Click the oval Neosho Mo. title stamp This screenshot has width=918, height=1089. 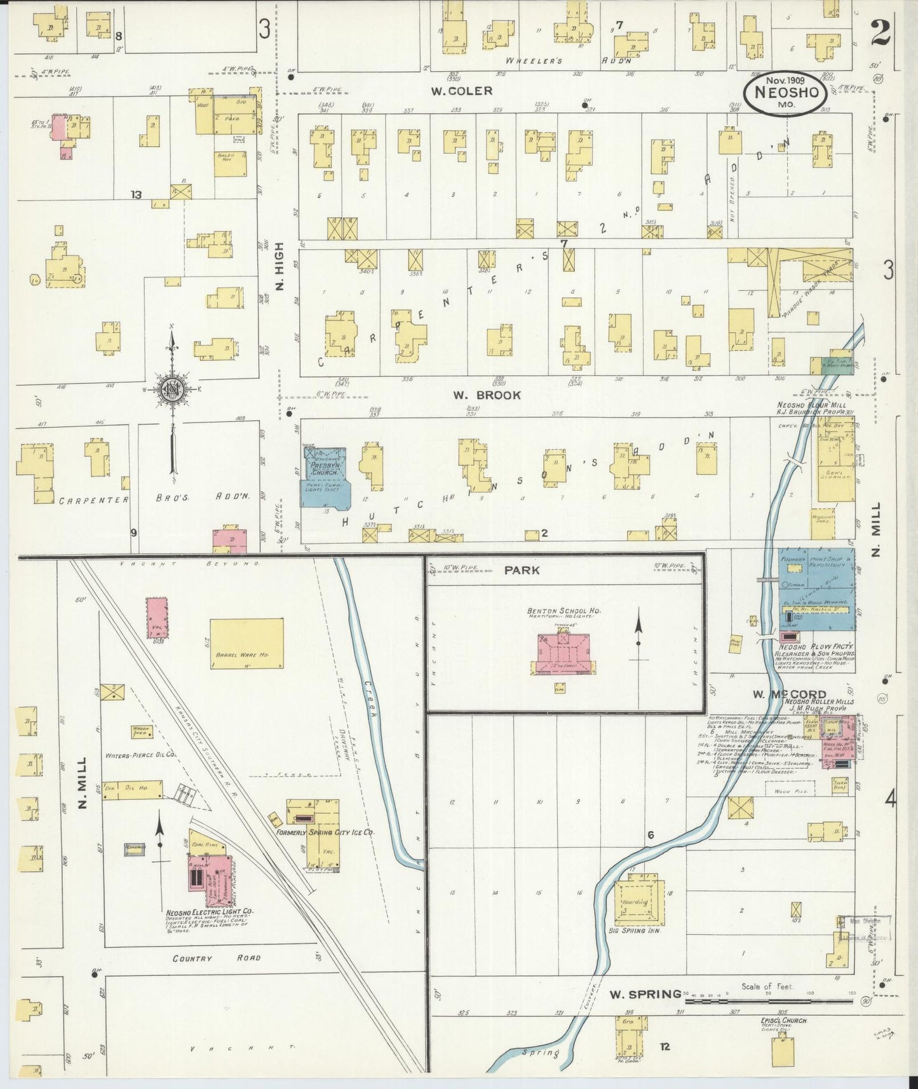click(x=786, y=95)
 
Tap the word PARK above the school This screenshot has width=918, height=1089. click(x=522, y=570)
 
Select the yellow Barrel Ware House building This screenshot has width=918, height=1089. click(x=246, y=642)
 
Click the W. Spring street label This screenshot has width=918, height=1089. click(x=644, y=994)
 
